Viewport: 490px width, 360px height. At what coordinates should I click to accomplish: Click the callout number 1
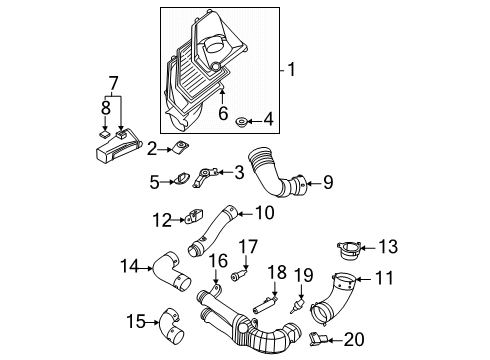coord(291,70)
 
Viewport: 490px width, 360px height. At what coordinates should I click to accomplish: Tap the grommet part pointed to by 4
coord(240,122)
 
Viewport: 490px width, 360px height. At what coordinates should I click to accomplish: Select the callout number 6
coord(223,113)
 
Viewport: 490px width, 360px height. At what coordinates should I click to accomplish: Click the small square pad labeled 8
coord(105,134)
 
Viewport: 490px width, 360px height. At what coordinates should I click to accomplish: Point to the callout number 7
coord(113,83)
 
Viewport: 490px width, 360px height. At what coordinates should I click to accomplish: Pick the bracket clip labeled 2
coord(180,147)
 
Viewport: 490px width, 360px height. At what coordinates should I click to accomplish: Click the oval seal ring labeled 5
coord(181,179)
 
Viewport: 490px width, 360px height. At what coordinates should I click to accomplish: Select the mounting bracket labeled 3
coord(204,177)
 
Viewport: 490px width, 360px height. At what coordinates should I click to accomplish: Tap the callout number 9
coord(328,182)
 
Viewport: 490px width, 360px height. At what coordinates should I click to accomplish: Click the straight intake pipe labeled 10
coord(213,232)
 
